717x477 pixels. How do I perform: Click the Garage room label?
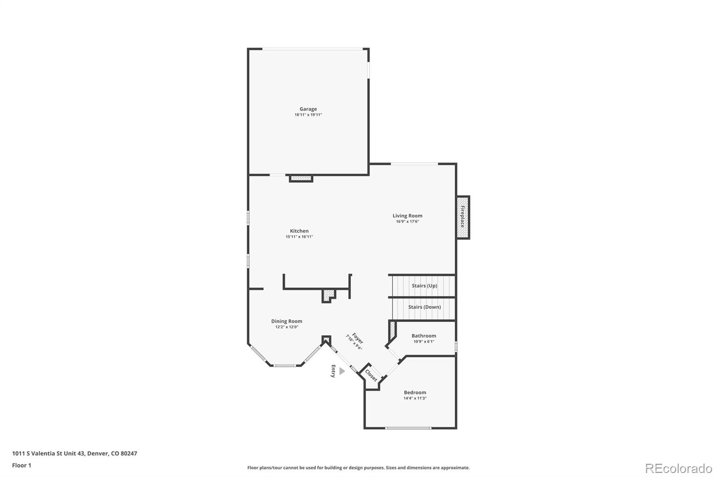[308, 109]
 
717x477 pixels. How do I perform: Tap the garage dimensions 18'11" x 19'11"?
[308, 115]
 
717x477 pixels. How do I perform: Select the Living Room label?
[407, 216]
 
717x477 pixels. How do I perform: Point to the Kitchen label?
[299, 231]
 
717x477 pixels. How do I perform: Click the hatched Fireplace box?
[462, 217]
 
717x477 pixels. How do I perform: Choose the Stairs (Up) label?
[424, 285]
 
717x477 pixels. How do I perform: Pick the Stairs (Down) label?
[424, 307]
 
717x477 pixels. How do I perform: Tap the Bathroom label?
[423, 336]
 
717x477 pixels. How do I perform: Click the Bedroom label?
[415, 392]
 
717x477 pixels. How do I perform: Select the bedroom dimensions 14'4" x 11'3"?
[415, 398]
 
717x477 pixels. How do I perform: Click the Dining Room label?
[286, 321]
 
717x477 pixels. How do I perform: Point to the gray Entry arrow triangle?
[342, 371]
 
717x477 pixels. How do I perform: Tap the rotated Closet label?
[371, 375]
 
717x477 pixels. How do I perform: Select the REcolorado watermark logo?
[678, 468]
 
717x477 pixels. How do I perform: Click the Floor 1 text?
[22, 465]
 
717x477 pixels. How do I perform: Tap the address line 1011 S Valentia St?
[74, 453]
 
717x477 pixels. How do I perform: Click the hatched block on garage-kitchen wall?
[301, 179]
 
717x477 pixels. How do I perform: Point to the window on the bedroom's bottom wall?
[408, 428]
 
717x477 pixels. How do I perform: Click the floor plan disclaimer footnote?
[358, 468]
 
